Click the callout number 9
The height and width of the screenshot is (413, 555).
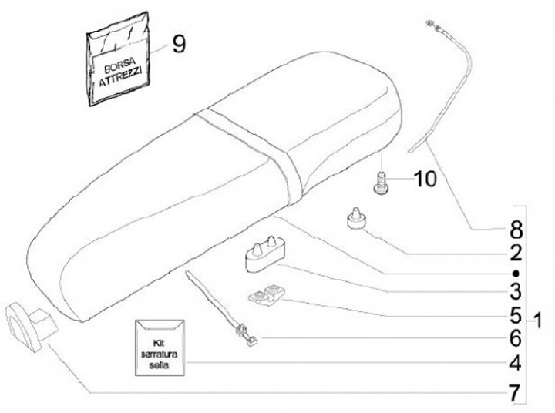click(x=178, y=44)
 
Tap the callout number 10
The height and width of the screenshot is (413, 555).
click(x=424, y=180)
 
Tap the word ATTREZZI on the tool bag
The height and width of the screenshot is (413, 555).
click(x=122, y=79)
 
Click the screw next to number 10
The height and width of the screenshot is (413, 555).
click(x=381, y=183)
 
